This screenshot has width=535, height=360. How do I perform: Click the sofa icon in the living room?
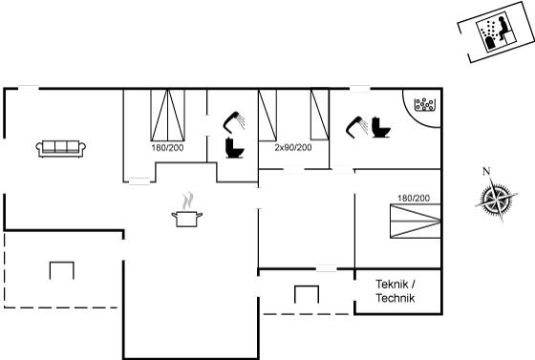61,149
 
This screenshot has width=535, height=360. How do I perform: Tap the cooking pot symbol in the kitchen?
186,219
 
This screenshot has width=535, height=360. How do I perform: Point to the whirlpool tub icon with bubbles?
425,104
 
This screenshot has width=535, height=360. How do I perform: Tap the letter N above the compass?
486,171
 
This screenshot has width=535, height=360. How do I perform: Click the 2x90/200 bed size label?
293,148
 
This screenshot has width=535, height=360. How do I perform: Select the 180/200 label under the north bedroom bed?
167,148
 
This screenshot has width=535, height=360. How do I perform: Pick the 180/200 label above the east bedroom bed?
414,198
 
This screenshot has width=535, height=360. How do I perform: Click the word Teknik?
392,284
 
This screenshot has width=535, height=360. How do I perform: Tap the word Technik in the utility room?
396,298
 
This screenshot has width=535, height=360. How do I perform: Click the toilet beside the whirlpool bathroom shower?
381,127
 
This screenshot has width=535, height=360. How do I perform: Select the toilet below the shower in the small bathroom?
235,148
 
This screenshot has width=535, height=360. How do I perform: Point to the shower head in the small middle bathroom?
234,121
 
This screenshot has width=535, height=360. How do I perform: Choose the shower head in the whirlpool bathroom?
356,126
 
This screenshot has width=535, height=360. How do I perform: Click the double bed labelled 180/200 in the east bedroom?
416,221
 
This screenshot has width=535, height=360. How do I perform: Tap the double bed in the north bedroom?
168,115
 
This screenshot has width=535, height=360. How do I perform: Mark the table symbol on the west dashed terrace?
62,270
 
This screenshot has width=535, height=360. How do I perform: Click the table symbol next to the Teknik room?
307,294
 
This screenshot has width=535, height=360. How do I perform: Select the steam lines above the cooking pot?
187,201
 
